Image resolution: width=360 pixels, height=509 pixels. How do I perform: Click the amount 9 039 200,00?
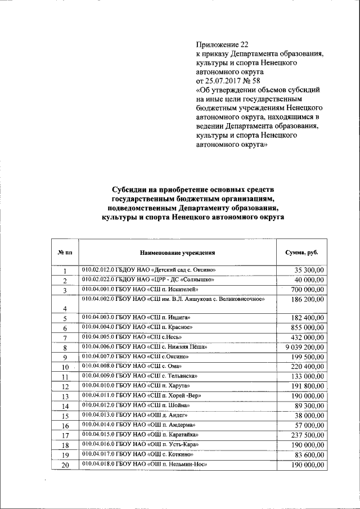point(303,348)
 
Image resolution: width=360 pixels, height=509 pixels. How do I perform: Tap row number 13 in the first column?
point(65,396)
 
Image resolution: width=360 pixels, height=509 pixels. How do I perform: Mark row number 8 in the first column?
point(65,348)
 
